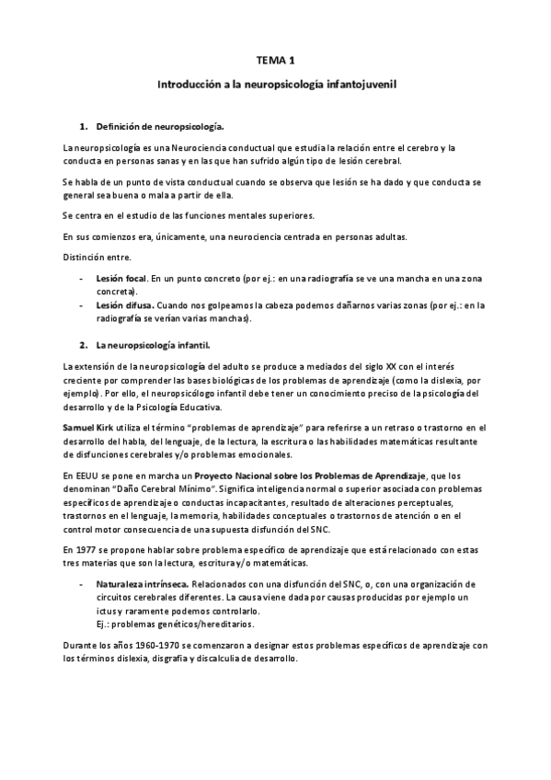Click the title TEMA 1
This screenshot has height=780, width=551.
(276, 61)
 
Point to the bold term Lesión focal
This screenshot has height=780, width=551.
(121, 277)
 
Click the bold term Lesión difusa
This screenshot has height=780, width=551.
(124, 305)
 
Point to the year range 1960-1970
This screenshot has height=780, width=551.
(134, 645)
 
